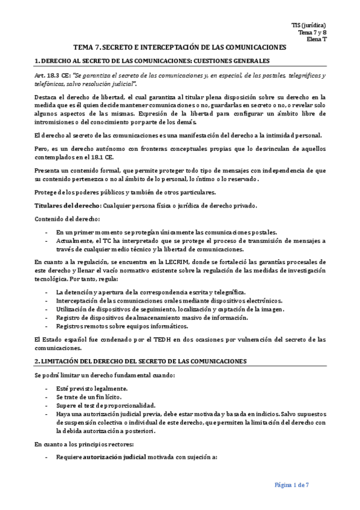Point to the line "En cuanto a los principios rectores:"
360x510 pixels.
pyautogui.click(x=85, y=444)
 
